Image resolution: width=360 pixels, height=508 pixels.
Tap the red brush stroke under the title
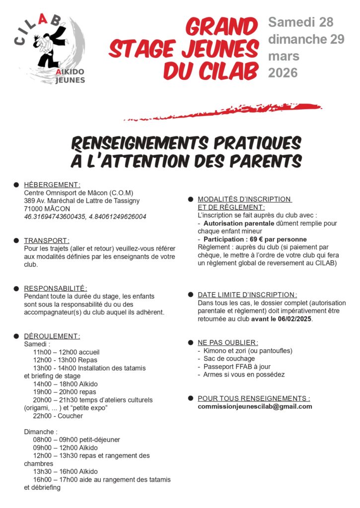[223, 112]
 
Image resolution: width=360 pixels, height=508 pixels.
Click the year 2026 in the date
[283, 72]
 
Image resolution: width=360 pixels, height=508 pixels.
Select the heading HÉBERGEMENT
[52, 185]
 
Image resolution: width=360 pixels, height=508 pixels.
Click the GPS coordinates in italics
[85, 217]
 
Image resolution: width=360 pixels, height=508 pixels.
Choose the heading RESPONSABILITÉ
[56, 288]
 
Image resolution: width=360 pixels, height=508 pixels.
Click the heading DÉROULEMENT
[52, 336]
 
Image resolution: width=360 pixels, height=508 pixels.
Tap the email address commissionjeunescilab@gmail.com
[255, 406]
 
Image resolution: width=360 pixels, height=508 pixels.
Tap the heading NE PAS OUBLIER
[228, 342]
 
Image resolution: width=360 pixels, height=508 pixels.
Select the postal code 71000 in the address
[33, 209]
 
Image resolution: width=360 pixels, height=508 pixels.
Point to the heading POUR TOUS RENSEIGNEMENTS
[254, 398]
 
